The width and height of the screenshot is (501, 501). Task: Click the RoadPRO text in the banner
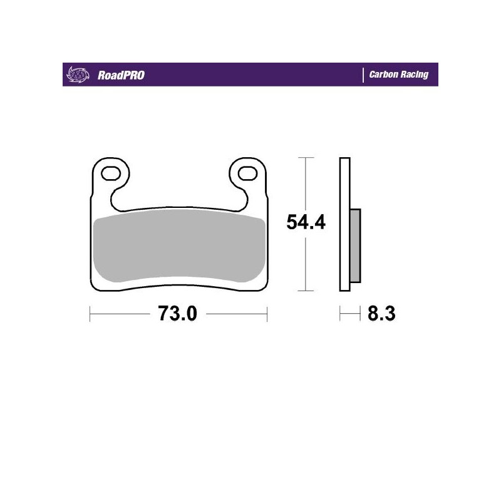pyautogui.click(x=121, y=75)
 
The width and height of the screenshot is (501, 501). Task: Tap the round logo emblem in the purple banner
pyautogui.click(x=75, y=75)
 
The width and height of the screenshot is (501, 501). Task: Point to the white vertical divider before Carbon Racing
pyautogui.click(x=364, y=75)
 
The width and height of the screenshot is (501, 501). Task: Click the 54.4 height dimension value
pyautogui.click(x=306, y=222)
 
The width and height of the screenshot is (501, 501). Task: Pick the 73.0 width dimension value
pyautogui.click(x=178, y=313)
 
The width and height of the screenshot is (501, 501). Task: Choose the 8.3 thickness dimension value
pyautogui.click(x=381, y=313)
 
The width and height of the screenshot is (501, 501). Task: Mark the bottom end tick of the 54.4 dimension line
pyautogui.click(x=305, y=291)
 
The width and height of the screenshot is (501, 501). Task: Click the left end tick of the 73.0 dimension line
pyautogui.click(x=90, y=313)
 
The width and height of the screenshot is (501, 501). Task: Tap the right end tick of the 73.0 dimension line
pyautogui.click(x=267, y=313)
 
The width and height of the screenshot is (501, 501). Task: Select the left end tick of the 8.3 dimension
pyautogui.click(x=340, y=313)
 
